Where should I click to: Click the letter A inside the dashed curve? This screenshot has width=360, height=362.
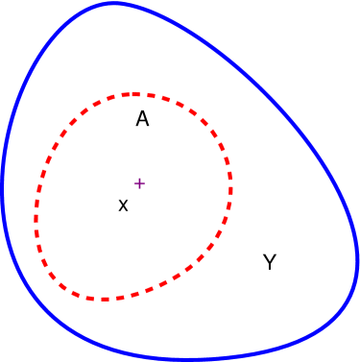142,119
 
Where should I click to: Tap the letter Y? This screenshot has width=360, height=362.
270,262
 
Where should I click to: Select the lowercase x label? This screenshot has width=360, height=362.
123,205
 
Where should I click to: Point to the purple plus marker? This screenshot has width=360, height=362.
139,182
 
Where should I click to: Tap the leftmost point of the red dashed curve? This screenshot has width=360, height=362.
36,219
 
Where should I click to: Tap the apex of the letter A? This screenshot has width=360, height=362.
142,111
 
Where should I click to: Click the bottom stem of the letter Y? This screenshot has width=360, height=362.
270,268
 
